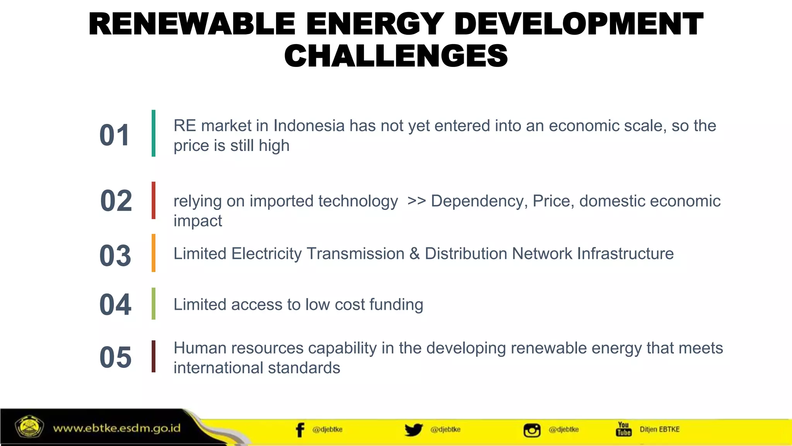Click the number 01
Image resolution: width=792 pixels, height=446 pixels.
(x=114, y=136)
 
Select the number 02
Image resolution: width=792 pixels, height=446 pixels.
(x=116, y=201)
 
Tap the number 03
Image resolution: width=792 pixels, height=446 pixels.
(x=115, y=256)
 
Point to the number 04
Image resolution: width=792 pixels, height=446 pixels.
(x=115, y=305)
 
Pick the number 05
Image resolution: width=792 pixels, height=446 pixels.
(x=115, y=357)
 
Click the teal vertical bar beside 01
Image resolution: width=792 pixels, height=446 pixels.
(x=154, y=133)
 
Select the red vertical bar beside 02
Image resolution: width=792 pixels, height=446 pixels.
(x=154, y=200)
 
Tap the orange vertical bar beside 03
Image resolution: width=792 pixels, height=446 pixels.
(x=154, y=253)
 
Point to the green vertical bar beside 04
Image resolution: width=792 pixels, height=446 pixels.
(x=154, y=304)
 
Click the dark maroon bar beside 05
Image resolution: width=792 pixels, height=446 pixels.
(x=154, y=356)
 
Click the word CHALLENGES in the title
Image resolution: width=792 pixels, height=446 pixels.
(x=396, y=56)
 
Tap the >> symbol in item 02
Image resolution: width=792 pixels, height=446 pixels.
(x=416, y=201)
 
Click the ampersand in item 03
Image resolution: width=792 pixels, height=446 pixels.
(x=415, y=254)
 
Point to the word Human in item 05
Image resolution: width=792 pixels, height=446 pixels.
(x=200, y=348)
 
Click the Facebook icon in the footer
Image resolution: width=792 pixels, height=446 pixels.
(x=300, y=430)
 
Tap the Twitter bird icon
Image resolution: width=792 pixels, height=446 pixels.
(x=413, y=430)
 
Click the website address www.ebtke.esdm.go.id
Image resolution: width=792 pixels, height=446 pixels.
(x=117, y=428)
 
